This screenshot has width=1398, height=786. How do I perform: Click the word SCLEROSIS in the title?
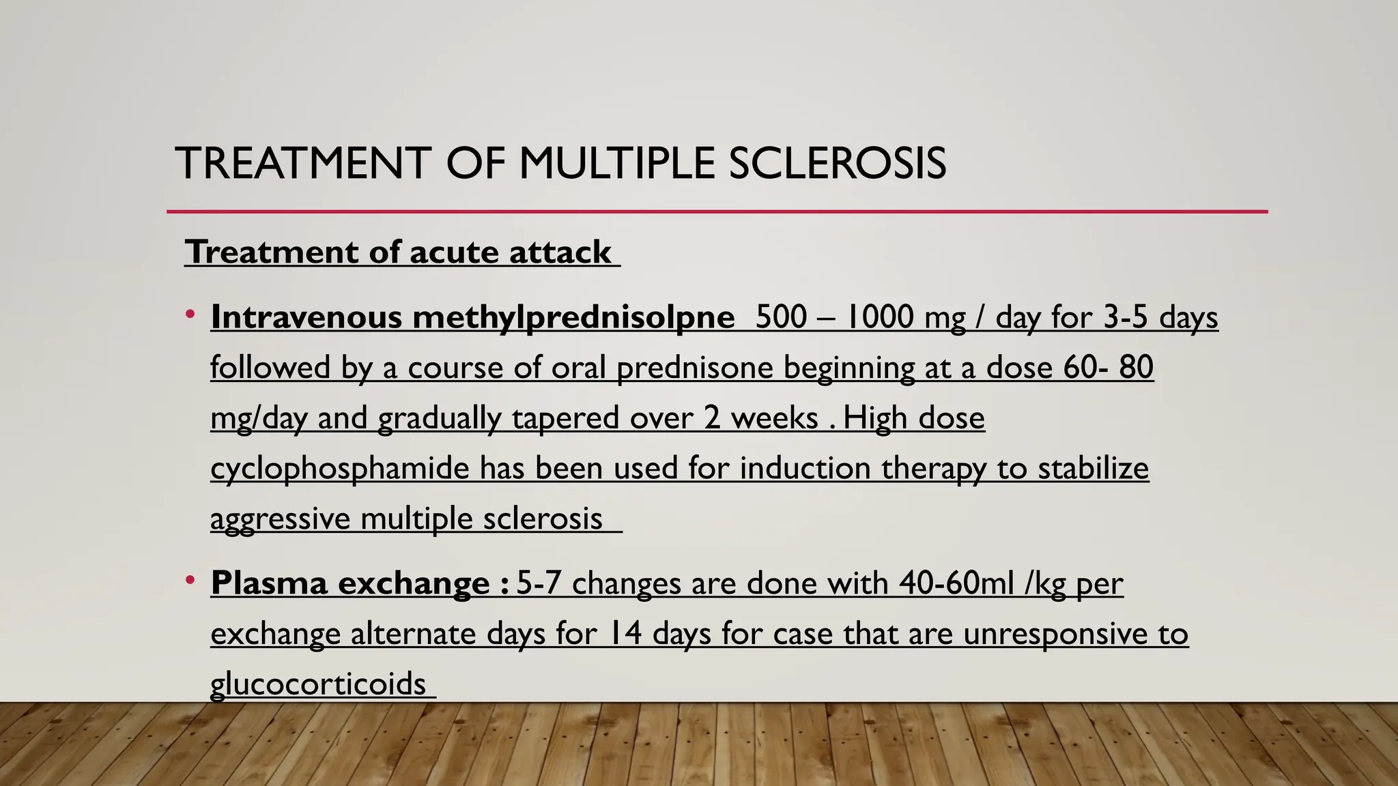click(837, 164)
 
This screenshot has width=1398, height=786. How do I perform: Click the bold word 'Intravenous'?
click(306, 317)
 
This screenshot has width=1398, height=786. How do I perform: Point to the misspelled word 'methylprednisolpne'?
click(573, 317)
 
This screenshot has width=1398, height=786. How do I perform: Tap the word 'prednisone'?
click(695, 368)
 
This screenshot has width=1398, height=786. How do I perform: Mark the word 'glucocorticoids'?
click(318, 684)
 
